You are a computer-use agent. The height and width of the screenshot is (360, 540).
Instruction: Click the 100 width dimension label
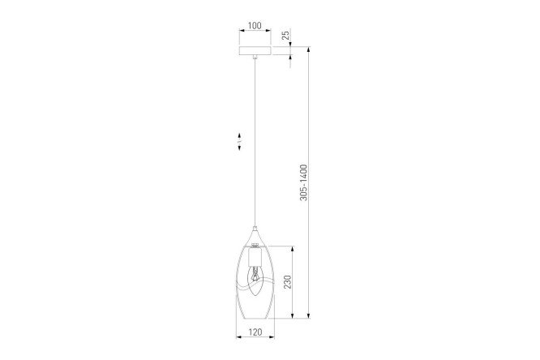pos(255,25)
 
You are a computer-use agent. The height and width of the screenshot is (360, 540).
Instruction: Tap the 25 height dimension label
pos(285,36)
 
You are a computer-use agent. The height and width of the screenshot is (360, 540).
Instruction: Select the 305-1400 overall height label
pos(303,182)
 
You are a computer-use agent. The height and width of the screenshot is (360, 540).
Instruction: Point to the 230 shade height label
pos(287,282)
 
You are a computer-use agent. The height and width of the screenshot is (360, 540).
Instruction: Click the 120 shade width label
pos(255,332)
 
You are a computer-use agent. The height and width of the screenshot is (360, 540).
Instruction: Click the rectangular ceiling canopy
pos(255,50)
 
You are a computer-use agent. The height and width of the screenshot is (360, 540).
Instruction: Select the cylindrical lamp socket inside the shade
pos(255,257)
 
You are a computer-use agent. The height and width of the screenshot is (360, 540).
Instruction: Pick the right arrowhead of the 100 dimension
pos(268,31)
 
